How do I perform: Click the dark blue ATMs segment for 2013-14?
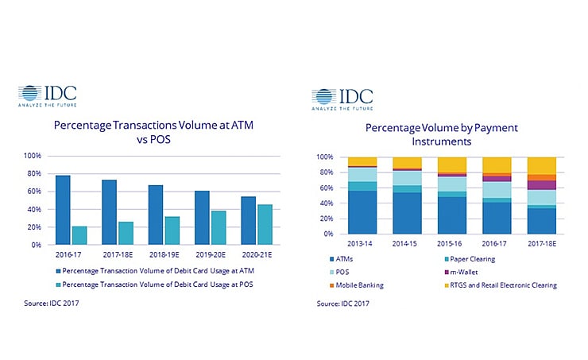340,212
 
